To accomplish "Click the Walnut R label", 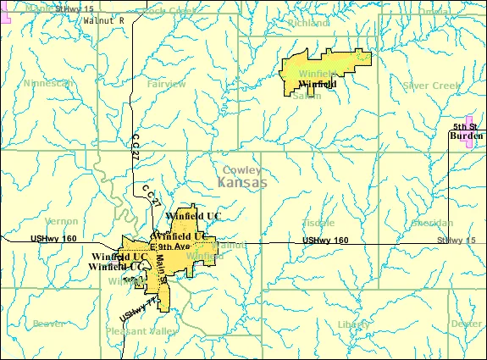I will (x=103, y=19).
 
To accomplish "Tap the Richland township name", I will (x=308, y=23).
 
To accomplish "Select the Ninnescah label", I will (x=47, y=85).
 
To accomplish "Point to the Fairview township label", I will (x=166, y=85).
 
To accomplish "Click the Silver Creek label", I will (x=430, y=86).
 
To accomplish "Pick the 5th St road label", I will (x=464, y=125).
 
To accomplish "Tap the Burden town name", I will (x=466, y=135).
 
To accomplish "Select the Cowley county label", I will (x=241, y=169).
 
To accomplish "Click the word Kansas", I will (x=241, y=183).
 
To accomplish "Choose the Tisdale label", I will (x=318, y=223).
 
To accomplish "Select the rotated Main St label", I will (x=162, y=273).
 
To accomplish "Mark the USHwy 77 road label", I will (x=138, y=307).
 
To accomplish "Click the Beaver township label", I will (x=48, y=324).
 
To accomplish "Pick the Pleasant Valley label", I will (x=138, y=332).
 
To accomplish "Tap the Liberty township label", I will (x=353, y=324).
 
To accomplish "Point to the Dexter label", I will (x=466, y=324).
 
